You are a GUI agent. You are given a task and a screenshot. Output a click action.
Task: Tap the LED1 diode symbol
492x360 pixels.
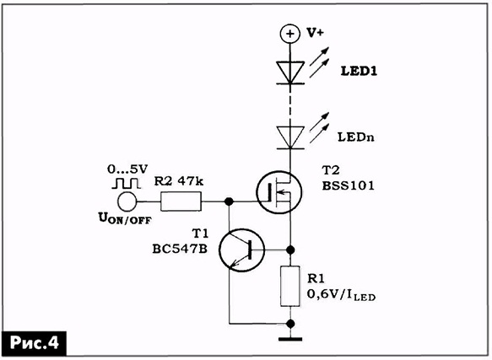pyautogui.click(x=290, y=73)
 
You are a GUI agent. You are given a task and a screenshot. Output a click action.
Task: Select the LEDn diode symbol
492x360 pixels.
pyautogui.click(x=290, y=137)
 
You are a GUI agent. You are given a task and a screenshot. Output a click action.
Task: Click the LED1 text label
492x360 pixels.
pyautogui.click(x=359, y=72)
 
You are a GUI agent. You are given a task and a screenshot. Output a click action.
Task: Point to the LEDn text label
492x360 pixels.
pyautogui.click(x=356, y=137)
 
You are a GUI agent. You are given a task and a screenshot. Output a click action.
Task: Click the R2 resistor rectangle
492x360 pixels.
pyautogui.click(x=181, y=201)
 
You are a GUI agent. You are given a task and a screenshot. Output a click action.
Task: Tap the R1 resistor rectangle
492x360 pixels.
pyautogui.click(x=290, y=286)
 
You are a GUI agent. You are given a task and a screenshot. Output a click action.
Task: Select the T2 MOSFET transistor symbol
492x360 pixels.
pyautogui.click(x=279, y=192)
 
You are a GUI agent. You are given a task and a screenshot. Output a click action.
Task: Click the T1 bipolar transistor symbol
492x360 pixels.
pyautogui.click(x=241, y=250)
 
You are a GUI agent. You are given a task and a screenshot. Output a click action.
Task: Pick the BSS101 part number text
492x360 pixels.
pyautogui.click(x=349, y=185)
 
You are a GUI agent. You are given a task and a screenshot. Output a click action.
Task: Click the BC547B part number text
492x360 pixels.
pyautogui.click(x=180, y=249)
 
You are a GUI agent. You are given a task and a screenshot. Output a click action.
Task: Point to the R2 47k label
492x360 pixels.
pyautogui.click(x=179, y=181)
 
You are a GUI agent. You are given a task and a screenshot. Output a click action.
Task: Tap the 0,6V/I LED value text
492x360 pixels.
pyautogui.click(x=341, y=294)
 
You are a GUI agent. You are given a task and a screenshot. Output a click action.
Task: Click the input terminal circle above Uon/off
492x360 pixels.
pyautogui.click(x=127, y=201)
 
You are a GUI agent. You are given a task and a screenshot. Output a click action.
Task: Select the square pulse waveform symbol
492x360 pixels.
pyautogui.click(x=126, y=184)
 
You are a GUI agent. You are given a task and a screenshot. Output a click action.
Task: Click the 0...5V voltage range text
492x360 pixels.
pyautogui.click(x=127, y=169)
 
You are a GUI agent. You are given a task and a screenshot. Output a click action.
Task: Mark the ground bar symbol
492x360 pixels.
pyautogui.click(x=290, y=339)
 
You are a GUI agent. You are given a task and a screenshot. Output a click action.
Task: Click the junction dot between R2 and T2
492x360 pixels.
pyautogui.click(x=230, y=201)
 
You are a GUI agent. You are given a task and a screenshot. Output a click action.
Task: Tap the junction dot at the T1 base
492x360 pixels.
pyautogui.click(x=290, y=250)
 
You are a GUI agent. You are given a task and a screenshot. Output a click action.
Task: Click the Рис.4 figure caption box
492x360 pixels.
pyautogui.click(x=35, y=343)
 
